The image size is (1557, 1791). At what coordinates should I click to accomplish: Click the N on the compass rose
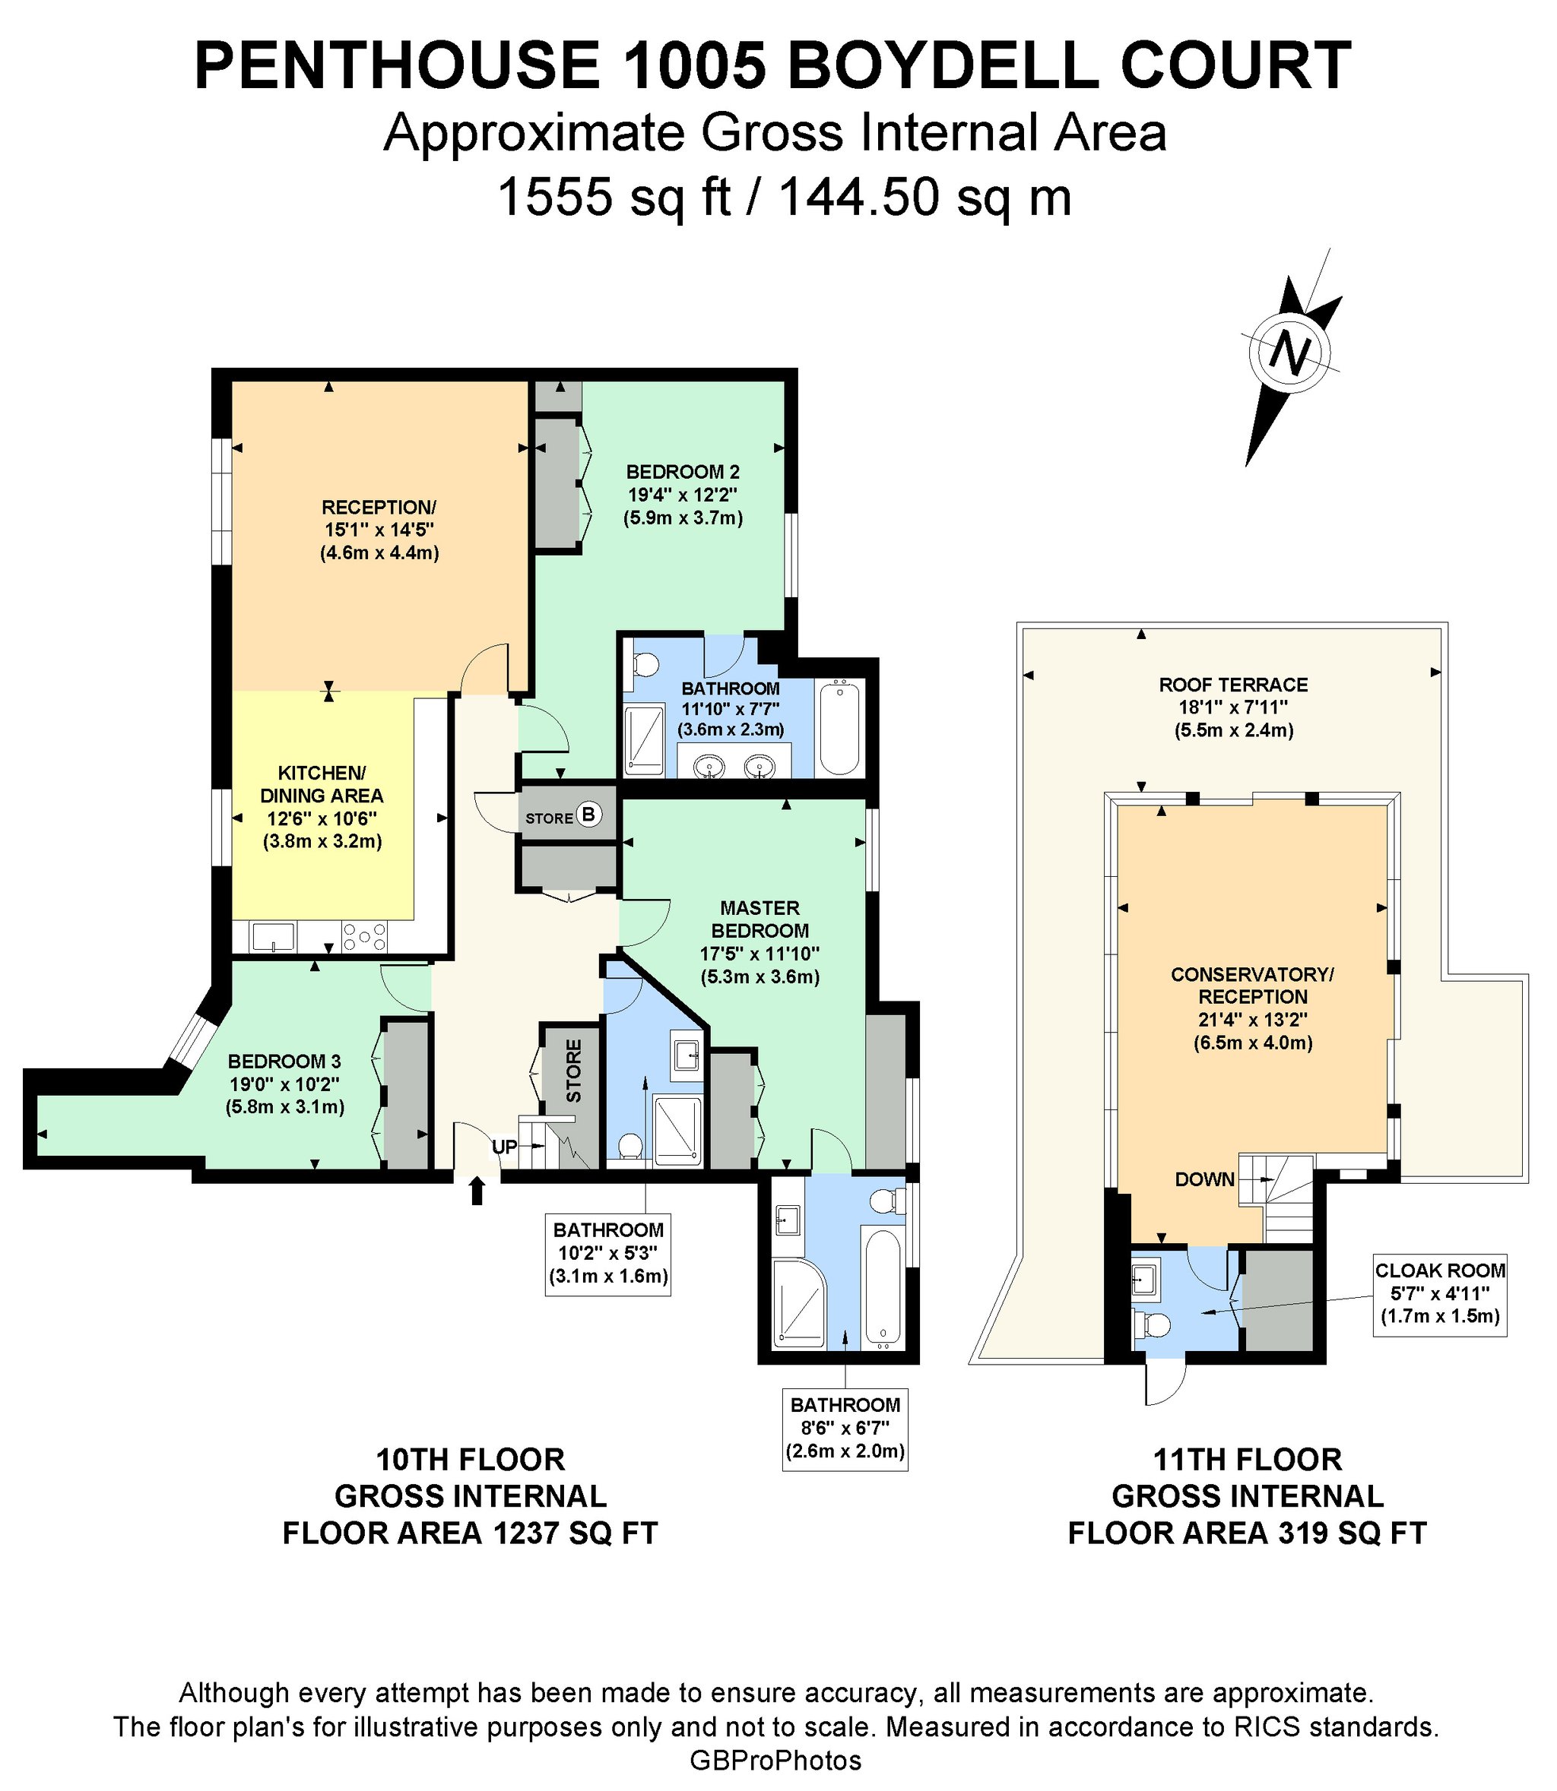1290,353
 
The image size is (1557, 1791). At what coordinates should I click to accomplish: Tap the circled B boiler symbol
589,815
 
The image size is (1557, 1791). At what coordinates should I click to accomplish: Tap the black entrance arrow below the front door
476,1191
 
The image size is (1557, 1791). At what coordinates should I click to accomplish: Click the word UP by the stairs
505,1147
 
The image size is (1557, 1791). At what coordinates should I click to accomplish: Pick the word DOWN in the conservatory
1205,1179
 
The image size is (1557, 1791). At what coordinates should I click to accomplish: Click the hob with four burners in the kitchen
365,936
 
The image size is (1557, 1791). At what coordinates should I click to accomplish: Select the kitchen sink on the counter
273,936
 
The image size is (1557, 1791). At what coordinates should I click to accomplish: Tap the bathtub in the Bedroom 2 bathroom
839,728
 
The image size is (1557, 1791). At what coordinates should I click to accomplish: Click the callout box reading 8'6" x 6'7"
845,1431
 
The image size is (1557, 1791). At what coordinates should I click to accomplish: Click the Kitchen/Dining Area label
322,807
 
